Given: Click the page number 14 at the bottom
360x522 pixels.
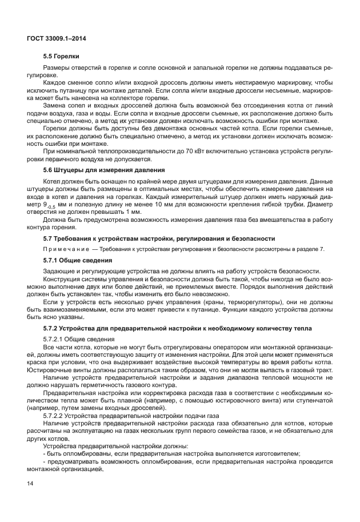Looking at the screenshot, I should pyautogui.click(x=30, y=484).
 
